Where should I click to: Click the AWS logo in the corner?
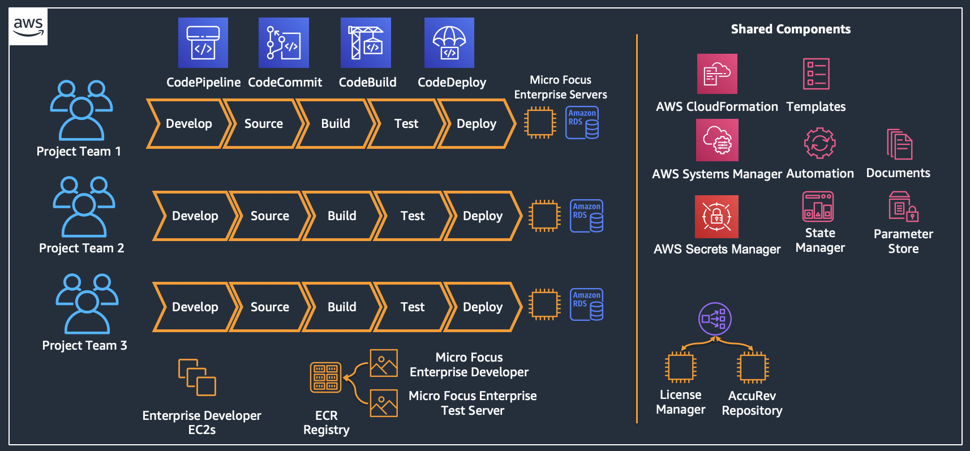point(28,27)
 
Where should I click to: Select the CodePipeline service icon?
point(203,43)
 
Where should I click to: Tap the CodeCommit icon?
point(284,43)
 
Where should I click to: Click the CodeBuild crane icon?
point(366,43)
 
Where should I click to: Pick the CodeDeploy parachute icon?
point(449,43)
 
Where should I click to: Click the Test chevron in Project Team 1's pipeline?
point(406,124)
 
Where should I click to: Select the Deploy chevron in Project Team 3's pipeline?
point(482,307)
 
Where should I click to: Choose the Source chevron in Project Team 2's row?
point(269,216)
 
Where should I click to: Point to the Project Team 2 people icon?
point(84,207)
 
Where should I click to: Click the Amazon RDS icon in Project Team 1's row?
point(582,123)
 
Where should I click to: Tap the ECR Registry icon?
point(326,377)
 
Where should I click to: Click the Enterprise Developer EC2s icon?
point(197,377)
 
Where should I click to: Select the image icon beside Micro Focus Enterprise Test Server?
point(384,403)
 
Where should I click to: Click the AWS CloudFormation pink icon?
point(717,74)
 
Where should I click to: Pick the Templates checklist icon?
point(816,74)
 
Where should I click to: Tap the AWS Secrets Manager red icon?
point(716,217)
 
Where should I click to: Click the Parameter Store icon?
point(903,207)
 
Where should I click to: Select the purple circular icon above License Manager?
point(715,319)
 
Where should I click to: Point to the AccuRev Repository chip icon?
point(752,367)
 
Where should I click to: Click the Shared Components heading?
point(791,29)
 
